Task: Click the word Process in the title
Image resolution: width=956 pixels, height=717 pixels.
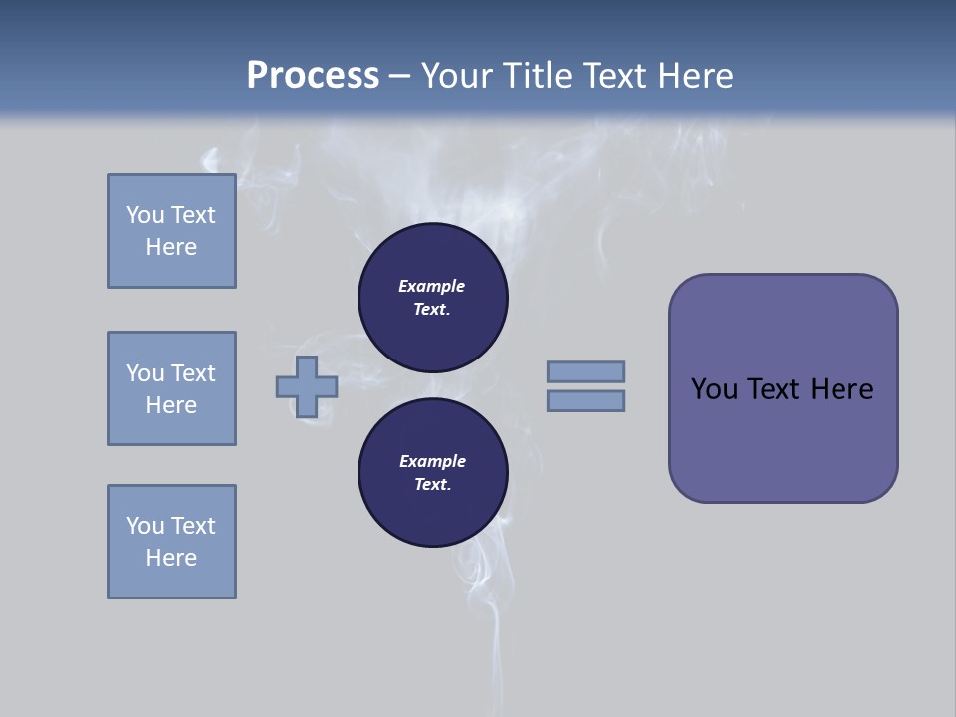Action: point(313,76)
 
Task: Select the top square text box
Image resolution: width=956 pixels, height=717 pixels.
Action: point(171,231)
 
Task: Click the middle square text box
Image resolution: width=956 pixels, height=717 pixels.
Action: point(171,388)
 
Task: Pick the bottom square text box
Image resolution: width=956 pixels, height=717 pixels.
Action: point(171,542)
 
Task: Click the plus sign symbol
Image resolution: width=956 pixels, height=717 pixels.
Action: point(307,386)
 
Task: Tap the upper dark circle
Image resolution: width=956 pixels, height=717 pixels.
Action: point(432,297)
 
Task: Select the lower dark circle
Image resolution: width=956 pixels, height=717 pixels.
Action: point(432,472)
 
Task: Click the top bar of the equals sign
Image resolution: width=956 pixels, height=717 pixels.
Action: point(586,371)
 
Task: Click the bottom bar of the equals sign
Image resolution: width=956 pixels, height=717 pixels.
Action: point(586,400)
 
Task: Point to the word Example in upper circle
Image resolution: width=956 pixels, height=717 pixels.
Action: point(432,286)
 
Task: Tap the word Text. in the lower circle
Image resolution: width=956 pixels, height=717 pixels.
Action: point(432,484)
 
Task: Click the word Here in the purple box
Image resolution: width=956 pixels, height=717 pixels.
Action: point(841,389)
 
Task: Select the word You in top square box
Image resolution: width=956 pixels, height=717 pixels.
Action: point(145,215)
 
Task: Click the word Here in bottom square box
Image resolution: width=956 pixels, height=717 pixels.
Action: point(171,558)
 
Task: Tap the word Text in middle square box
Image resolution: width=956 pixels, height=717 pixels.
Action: point(193,373)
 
